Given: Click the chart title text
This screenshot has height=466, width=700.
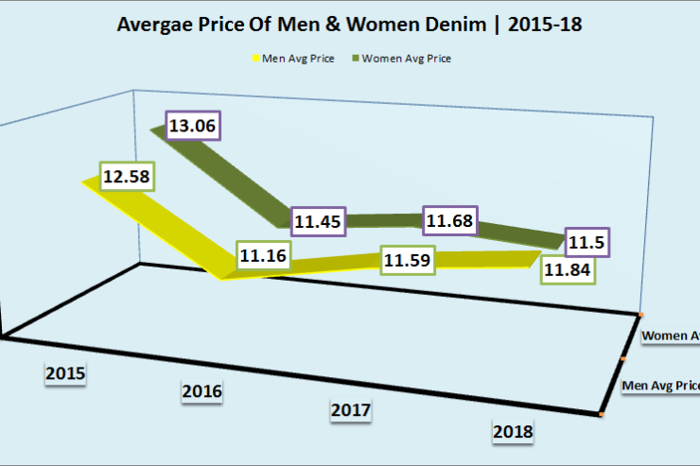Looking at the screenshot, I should pyautogui.click(x=349, y=26).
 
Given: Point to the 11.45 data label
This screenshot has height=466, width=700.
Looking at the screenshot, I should pyautogui.click(x=320, y=222).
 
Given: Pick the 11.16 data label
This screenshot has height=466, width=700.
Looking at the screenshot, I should pyautogui.click(x=263, y=254).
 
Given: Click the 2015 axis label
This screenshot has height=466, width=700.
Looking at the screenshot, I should pyautogui.click(x=65, y=373).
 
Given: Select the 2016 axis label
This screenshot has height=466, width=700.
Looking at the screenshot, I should pyautogui.click(x=202, y=392).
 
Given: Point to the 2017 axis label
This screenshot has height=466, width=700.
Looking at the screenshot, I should pyautogui.click(x=351, y=410).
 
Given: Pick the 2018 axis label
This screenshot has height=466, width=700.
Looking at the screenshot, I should pyautogui.click(x=513, y=432).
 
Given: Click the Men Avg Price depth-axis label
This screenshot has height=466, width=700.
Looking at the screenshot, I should pyautogui.click(x=660, y=386).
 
